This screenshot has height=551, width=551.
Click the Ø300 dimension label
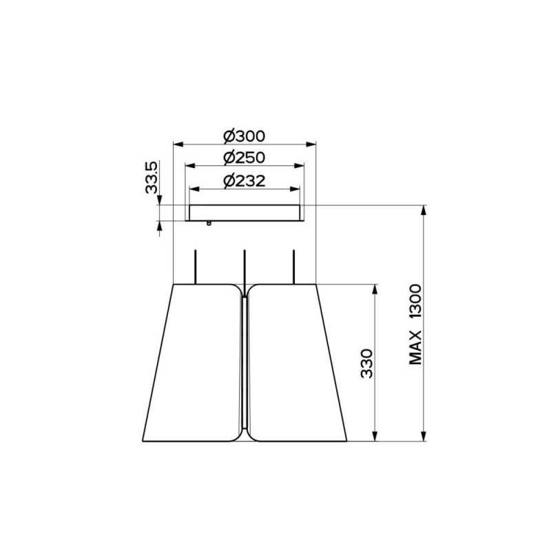pyautogui.click(x=245, y=136)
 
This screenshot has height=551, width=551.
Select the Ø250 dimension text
pyautogui.click(x=245, y=158)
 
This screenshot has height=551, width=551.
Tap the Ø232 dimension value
pyautogui.click(x=245, y=181)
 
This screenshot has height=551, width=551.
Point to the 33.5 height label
pyautogui.click(x=152, y=177)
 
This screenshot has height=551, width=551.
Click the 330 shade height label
pyautogui.click(x=367, y=364)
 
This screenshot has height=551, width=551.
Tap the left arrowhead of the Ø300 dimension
pyautogui.click(x=178, y=144)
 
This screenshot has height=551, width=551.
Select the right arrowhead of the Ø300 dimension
pyautogui.click(x=311, y=144)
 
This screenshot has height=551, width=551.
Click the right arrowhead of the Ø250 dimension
pyautogui.click(x=299, y=166)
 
